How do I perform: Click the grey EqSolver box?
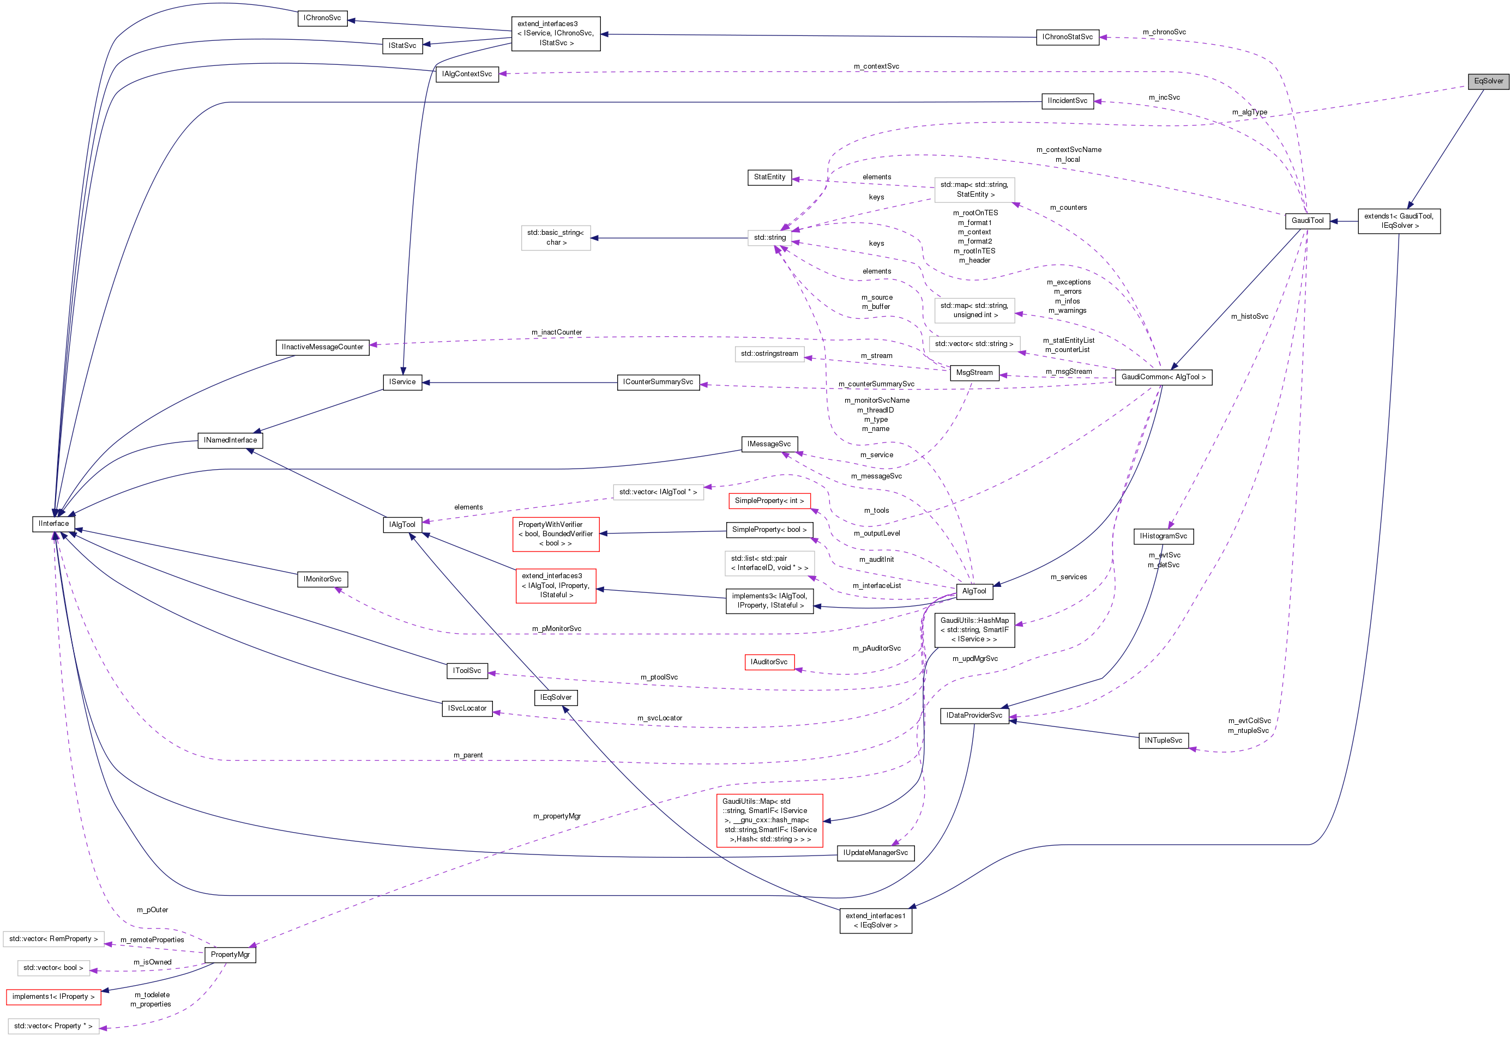coord(1488,81)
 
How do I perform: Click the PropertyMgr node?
coord(230,954)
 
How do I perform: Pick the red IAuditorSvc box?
coord(769,662)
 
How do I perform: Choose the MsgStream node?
coord(974,373)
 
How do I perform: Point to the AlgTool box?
coord(974,591)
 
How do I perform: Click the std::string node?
coord(770,238)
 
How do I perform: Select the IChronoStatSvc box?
coord(1067,37)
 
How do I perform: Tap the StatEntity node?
coord(770,177)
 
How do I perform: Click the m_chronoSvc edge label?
coord(1164,32)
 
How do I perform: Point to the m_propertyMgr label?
coord(557,816)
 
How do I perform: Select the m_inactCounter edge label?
coord(556,332)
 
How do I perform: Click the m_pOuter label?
coord(152,909)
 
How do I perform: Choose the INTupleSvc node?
coord(1163,741)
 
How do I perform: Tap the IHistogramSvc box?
coord(1163,536)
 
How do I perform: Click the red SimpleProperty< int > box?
coord(769,501)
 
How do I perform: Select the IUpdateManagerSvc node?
coord(875,853)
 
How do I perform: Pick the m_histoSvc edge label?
coord(1249,317)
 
